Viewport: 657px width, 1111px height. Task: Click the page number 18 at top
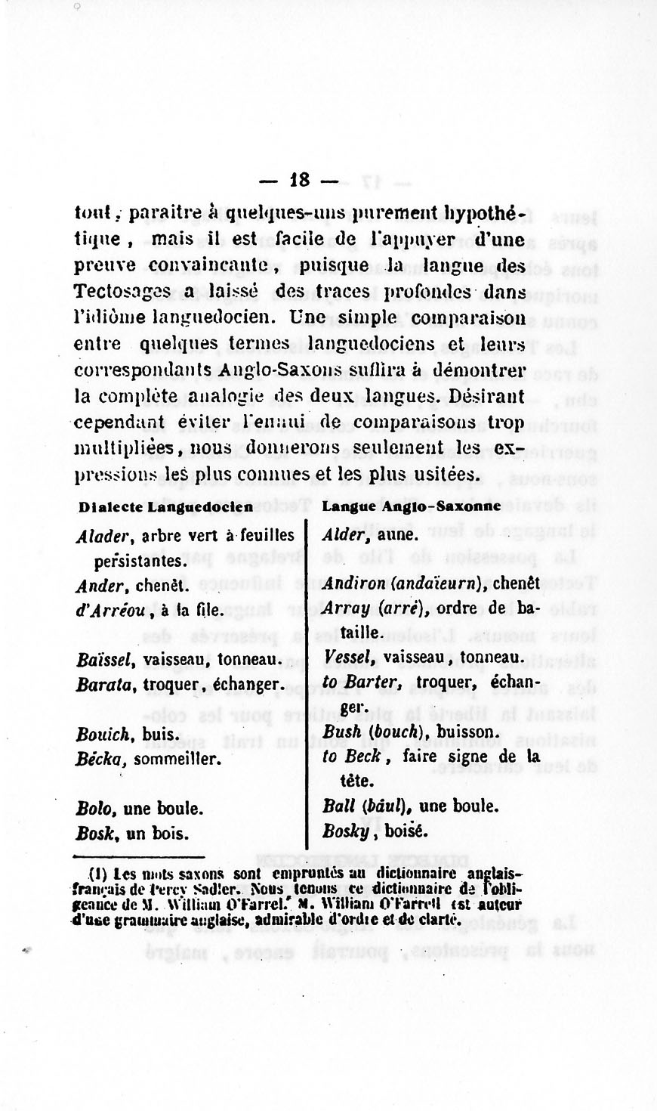coord(299,180)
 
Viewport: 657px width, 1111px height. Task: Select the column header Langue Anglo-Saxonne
coord(412,506)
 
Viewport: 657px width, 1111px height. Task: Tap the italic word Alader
coord(105,536)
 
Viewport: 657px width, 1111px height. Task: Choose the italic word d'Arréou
coord(109,609)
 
